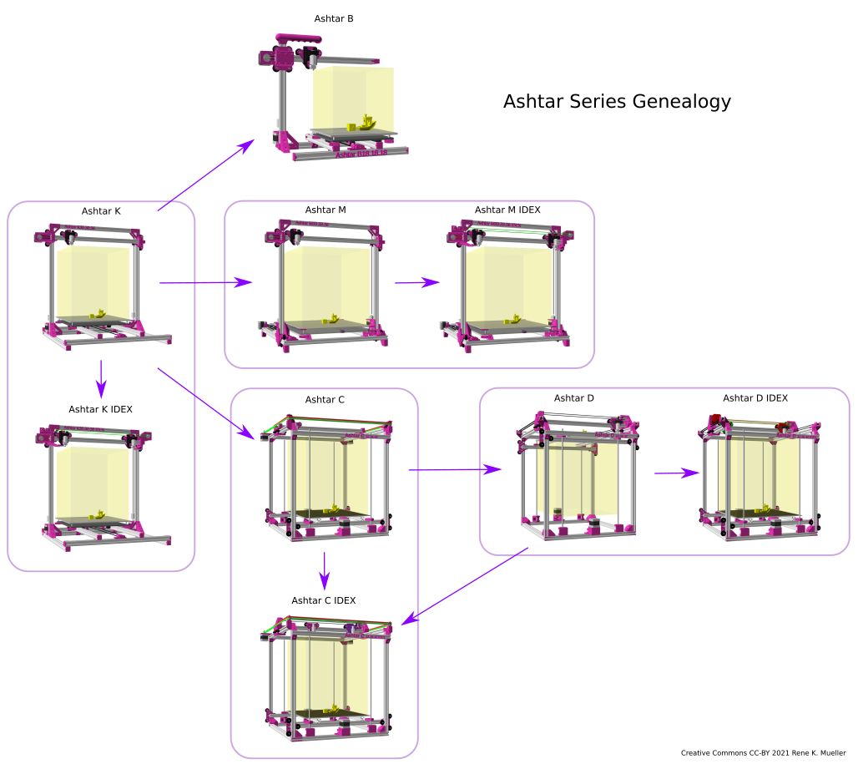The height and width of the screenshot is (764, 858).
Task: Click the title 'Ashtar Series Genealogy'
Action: tap(617, 102)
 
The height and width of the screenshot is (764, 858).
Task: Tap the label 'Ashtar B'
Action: tap(334, 18)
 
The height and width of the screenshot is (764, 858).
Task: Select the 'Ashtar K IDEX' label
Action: tap(101, 409)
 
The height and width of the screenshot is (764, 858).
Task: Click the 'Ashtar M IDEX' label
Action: tap(507, 210)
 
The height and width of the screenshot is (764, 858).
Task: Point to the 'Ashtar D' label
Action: tap(574, 397)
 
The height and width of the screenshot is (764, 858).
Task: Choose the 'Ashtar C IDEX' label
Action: tap(324, 600)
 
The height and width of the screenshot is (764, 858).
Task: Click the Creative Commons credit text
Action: tap(763, 752)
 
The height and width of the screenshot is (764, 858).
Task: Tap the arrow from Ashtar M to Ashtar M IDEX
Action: tap(416, 282)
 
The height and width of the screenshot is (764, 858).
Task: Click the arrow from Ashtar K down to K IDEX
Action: tap(101, 378)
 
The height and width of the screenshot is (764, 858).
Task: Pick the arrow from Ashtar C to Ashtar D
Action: tap(455, 470)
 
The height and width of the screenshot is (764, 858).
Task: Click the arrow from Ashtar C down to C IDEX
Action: tap(326, 569)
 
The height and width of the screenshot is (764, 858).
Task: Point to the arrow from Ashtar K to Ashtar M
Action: tap(205, 283)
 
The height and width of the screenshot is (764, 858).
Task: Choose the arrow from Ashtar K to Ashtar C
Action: tap(206, 402)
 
